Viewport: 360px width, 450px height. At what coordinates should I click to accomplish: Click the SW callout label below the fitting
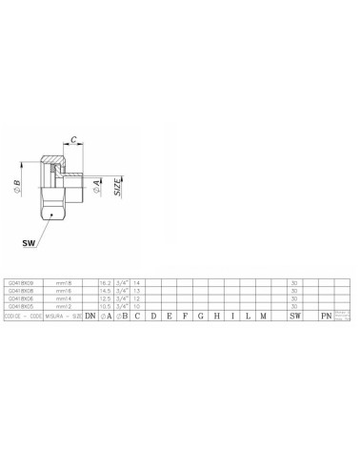tap(31, 243)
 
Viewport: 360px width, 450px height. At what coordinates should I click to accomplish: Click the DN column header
tap(90, 315)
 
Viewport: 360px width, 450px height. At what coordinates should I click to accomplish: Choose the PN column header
tap(326, 315)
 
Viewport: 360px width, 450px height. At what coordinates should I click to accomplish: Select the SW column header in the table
tap(294, 315)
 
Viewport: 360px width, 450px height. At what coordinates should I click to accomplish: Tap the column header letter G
tap(201, 315)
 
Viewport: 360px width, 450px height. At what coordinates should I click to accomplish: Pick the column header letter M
tap(262, 315)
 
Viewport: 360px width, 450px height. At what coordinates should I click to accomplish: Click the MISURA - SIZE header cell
tap(63, 315)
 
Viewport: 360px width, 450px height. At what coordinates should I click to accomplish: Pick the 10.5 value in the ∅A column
tap(106, 305)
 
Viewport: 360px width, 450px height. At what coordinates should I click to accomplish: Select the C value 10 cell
tap(137, 305)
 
